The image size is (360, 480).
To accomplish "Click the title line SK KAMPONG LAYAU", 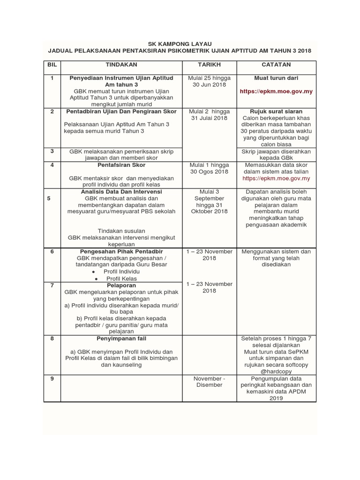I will pos(180,43).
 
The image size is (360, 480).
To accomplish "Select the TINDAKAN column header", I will pos(121,65).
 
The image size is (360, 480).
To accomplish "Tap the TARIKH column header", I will pos(209,65).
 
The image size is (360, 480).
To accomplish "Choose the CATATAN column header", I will pos(277,65).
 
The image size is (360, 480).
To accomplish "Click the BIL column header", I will pos(52,65).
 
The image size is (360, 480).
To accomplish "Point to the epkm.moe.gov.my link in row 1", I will pos(276,91).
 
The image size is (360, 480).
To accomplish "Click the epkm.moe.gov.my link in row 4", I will pos(276,179).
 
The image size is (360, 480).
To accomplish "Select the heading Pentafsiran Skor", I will pos(121,165).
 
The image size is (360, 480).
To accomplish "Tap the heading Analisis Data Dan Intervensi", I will pos(121,192).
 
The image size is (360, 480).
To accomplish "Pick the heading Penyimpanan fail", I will pos(121,338).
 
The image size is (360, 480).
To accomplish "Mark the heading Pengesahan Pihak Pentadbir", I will pos(121,252).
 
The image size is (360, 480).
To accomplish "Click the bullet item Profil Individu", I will pos(121,271).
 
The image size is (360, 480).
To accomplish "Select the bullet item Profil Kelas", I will pos(121,278).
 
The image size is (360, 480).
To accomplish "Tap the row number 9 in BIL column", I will pos(52,378).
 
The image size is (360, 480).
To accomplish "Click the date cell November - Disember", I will pos(209,382).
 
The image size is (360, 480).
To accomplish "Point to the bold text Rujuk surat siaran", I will pos(276,112).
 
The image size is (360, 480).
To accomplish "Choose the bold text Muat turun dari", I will pos(276,78).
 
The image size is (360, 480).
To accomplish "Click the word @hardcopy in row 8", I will pos(276,371).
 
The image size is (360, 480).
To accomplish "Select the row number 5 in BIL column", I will pos(49,198).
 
